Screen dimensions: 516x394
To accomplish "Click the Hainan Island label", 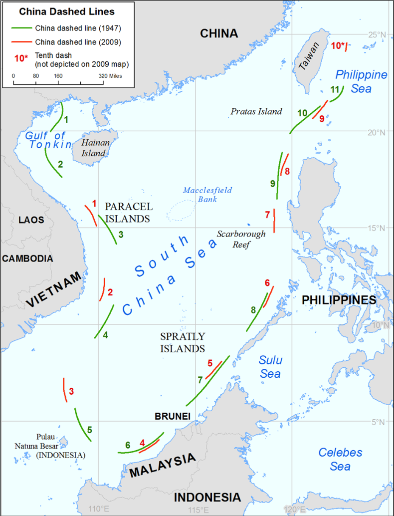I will click(x=94, y=148).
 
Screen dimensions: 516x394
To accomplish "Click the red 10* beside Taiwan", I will click(x=337, y=46).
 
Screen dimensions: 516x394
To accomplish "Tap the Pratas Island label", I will click(x=256, y=112).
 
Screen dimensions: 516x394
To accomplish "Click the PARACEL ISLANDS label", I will click(x=128, y=213).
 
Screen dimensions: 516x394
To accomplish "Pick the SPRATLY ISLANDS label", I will click(x=182, y=342).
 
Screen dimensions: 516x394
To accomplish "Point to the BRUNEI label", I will click(x=172, y=415).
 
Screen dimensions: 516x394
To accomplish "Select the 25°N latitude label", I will click(x=377, y=34).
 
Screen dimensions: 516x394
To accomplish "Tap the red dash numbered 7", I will click(x=274, y=221).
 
